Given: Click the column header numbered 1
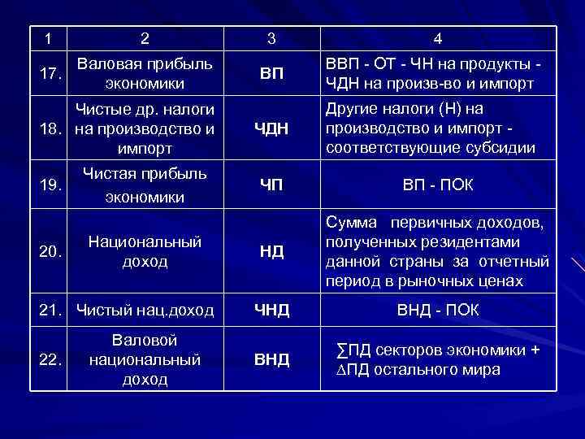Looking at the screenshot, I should pyautogui.click(x=48, y=38).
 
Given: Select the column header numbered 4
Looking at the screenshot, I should pyautogui.click(x=438, y=38).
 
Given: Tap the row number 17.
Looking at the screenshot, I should pyautogui.click(x=51, y=74).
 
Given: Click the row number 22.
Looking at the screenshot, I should pyautogui.click(x=51, y=359).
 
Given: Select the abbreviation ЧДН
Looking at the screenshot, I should pyautogui.click(x=271, y=127).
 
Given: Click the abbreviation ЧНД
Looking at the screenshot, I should pyautogui.click(x=271, y=310).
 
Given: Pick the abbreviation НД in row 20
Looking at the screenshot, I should pyautogui.click(x=271, y=251).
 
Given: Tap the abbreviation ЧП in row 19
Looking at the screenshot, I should pyautogui.click(x=271, y=185).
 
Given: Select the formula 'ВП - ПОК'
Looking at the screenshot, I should pyautogui.click(x=438, y=185).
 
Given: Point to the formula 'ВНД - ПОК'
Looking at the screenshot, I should pyautogui.click(x=438, y=310).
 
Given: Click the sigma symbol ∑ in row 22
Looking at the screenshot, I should pyautogui.click(x=340, y=350).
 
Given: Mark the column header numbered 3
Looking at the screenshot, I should pyautogui.click(x=271, y=38).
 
